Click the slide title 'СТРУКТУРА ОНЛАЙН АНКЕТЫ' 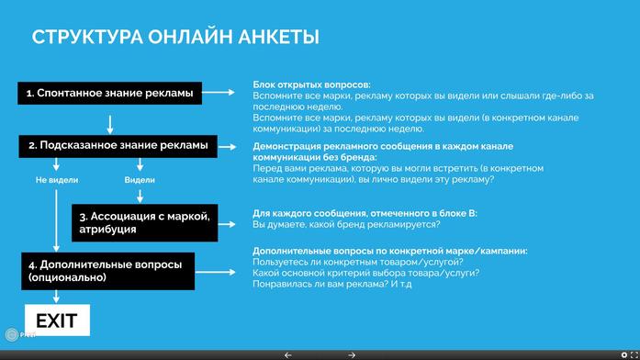[x=175, y=38]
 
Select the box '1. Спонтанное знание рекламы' [x=109, y=93]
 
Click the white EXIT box [x=56, y=321]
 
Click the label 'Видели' [x=140, y=181]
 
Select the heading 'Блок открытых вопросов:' [x=311, y=84]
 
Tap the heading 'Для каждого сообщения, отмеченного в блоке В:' [x=365, y=213]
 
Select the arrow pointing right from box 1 [x=219, y=93]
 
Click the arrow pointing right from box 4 [x=219, y=271]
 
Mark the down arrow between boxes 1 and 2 [x=109, y=122]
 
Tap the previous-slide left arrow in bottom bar [x=288, y=354]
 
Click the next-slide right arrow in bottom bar [x=352, y=354]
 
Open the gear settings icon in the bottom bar [x=623, y=354]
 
